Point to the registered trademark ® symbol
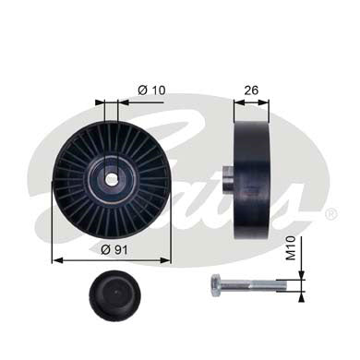(x=330, y=213)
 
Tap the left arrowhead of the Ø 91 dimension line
(x=56, y=260)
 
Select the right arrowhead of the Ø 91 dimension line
(x=167, y=260)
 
